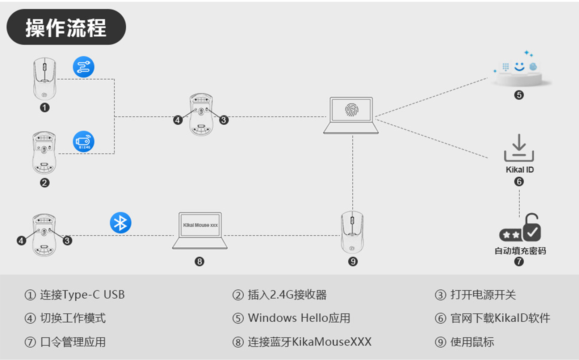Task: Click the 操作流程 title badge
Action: (x=66, y=27)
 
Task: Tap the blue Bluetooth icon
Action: (x=121, y=222)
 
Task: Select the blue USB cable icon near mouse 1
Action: (x=84, y=67)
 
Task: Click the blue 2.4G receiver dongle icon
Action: (x=84, y=141)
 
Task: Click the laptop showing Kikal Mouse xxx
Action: (x=200, y=230)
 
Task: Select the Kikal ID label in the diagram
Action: (x=520, y=169)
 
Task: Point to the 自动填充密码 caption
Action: (x=520, y=251)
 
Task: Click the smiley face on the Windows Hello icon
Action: (x=520, y=66)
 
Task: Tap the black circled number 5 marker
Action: (x=519, y=95)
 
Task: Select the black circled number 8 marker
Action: (x=199, y=261)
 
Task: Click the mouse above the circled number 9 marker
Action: (x=352, y=232)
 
